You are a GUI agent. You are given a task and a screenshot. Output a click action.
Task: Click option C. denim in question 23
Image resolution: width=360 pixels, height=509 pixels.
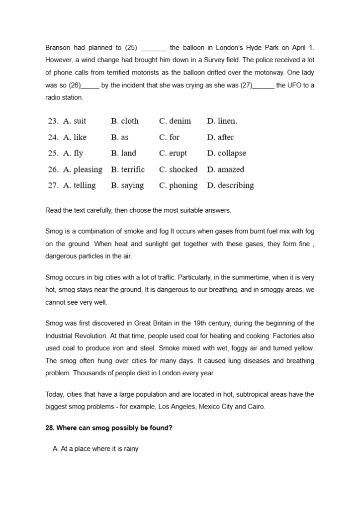(x=175, y=121)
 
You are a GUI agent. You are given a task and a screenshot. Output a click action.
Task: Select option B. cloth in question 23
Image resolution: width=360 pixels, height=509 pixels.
(x=125, y=121)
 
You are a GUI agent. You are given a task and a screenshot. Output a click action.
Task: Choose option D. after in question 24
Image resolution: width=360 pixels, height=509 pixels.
(x=220, y=137)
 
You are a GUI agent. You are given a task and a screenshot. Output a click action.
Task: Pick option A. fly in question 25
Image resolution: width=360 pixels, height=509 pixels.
(x=73, y=153)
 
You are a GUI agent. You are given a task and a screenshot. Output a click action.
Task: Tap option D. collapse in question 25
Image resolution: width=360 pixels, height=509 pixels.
(x=226, y=153)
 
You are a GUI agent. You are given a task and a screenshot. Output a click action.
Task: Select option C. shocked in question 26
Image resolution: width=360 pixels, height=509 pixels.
(x=178, y=170)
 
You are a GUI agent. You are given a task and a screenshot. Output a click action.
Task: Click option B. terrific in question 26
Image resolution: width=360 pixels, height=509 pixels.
(x=128, y=170)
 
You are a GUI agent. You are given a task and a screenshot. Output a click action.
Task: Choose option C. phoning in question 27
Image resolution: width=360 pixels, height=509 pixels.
(x=178, y=185)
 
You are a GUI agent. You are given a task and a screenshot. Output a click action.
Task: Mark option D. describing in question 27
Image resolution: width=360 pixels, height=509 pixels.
(x=230, y=185)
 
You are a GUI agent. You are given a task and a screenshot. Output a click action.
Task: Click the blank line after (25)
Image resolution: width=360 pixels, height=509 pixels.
(x=154, y=48)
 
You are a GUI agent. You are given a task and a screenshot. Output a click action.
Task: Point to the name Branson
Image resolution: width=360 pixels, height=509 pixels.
(x=58, y=48)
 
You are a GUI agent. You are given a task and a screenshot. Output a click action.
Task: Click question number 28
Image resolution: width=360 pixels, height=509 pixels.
(x=50, y=427)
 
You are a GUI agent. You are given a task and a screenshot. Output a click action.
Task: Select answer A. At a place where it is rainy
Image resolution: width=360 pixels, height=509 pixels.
(x=95, y=448)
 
